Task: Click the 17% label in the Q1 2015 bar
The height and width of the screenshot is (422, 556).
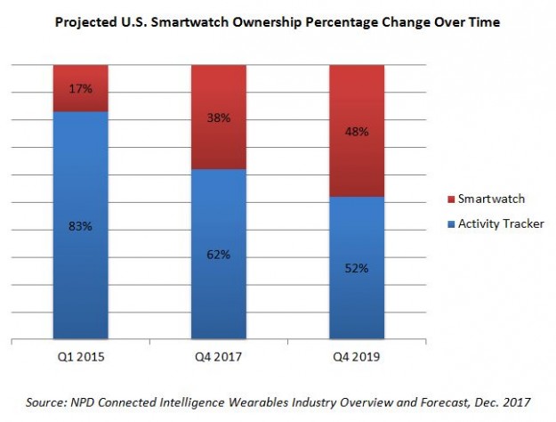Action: click(81, 88)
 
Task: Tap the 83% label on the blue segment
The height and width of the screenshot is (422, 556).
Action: click(81, 228)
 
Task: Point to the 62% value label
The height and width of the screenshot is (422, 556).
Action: click(219, 255)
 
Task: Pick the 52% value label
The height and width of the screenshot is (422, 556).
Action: click(357, 269)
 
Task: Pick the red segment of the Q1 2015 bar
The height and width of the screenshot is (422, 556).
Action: click(81, 75)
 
